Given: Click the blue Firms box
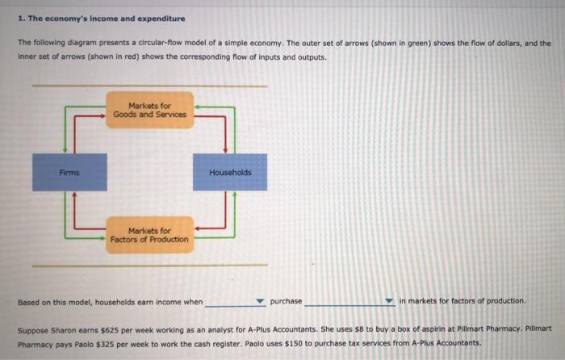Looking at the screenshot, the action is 69,172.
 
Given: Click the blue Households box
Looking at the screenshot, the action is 230,172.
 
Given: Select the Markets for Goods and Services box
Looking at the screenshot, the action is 150,110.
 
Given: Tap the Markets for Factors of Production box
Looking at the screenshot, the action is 150,235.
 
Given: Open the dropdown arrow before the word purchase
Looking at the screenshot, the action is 260,302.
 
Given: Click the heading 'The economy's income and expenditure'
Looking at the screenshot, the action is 105,19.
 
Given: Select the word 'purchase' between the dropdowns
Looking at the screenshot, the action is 287,301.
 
